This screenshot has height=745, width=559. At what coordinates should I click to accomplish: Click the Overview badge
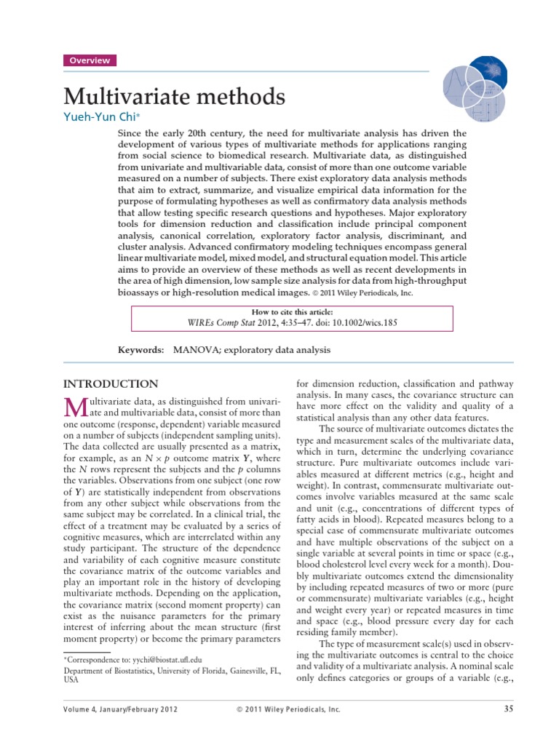(x=90, y=60)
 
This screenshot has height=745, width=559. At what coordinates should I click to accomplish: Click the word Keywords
(x=141, y=350)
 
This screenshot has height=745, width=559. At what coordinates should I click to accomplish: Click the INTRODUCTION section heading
(x=111, y=384)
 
